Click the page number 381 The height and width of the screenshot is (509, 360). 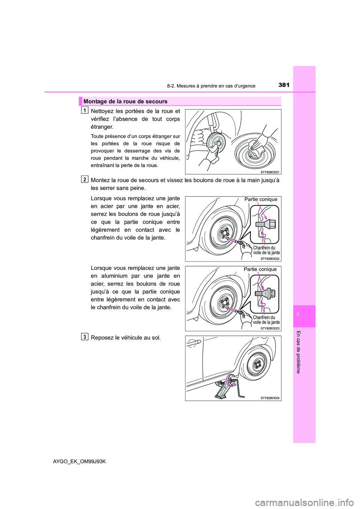tap(284, 85)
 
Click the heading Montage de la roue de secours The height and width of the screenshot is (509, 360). tap(125, 101)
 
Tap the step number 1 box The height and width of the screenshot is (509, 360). tap(85, 110)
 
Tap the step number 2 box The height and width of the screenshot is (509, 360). tap(85, 179)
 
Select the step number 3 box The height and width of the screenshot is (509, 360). tap(85, 337)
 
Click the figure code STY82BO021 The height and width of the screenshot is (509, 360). tap(270, 172)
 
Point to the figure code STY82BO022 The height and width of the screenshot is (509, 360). tap(270, 259)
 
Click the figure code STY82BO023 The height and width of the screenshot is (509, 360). tap(270, 328)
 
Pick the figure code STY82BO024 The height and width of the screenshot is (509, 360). tap(270, 398)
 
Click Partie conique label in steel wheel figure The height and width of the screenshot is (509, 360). tap(261, 199)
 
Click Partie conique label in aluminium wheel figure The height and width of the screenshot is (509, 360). tap(260, 269)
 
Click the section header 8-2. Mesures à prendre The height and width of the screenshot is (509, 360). tap(211, 86)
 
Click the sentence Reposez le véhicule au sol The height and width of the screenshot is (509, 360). tap(126, 337)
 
